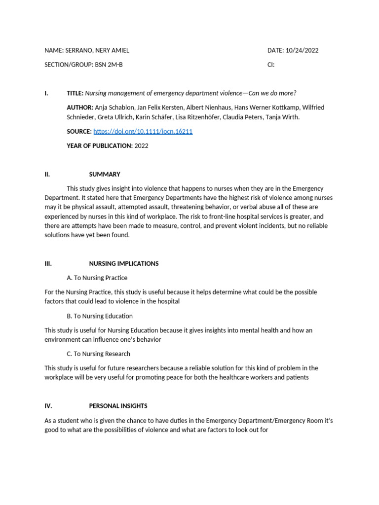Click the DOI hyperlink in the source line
143,132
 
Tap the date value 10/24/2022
305,50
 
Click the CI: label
271,65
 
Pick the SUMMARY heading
105,174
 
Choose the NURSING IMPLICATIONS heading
123,263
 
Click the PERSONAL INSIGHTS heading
118,406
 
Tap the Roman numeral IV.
48,406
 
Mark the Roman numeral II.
47,174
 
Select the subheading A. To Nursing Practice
97,278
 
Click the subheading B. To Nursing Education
99,316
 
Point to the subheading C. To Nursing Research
98,354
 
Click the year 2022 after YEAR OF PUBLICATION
141,145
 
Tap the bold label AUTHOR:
80,108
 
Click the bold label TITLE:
76,93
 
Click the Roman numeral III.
48,263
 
